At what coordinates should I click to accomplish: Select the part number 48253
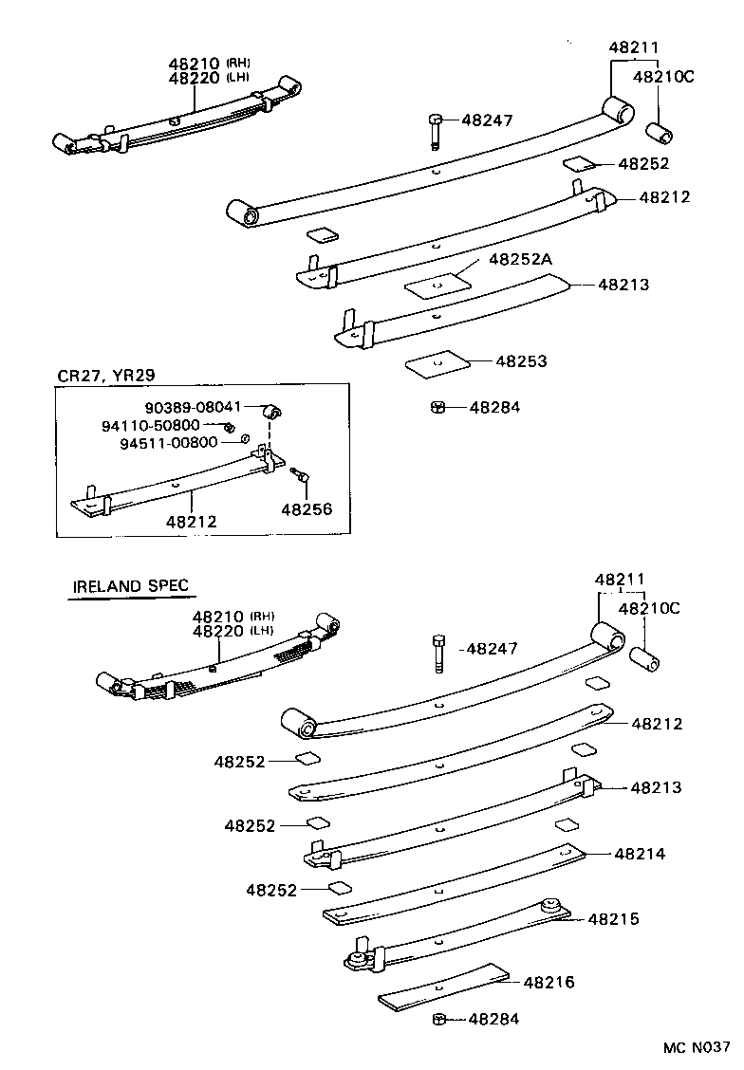(522, 361)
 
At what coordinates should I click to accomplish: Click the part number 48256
(307, 508)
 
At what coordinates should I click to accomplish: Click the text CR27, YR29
(105, 374)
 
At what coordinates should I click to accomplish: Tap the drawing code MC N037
(696, 1048)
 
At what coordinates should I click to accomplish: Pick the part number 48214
(640, 854)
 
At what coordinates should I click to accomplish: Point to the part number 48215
(613, 918)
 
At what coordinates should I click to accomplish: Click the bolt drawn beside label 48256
(300, 475)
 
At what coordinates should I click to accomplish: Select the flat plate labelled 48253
(437, 361)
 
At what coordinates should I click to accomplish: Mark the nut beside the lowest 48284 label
(439, 1019)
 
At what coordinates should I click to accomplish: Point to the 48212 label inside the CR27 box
(191, 521)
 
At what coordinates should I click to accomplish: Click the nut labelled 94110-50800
(230, 427)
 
